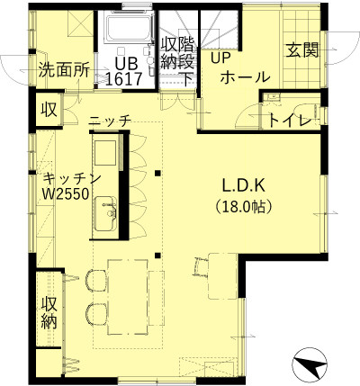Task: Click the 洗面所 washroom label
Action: (x=64, y=71)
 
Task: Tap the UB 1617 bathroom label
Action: (x=123, y=72)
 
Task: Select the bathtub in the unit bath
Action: (x=128, y=28)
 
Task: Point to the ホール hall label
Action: (x=245, y=76)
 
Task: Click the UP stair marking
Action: (x=220, y=58)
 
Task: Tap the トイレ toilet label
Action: (x=290, y=121)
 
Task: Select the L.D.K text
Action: (x=244, y=185)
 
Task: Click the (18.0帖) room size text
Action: (x=244, y=206)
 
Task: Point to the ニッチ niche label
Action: (x=110, y=120)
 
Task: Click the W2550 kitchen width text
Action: (x=66, y=194)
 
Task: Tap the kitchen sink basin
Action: (x=106, y=214)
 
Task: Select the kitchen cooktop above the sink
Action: (x=105, y=153)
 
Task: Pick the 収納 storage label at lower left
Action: (x=49, y=313)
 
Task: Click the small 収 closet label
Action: (x=49, y=110)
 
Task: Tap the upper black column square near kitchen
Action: (x=157, y=173)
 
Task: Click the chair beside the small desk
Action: (x=200, y=266)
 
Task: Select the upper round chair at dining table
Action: (x=96, y=280)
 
